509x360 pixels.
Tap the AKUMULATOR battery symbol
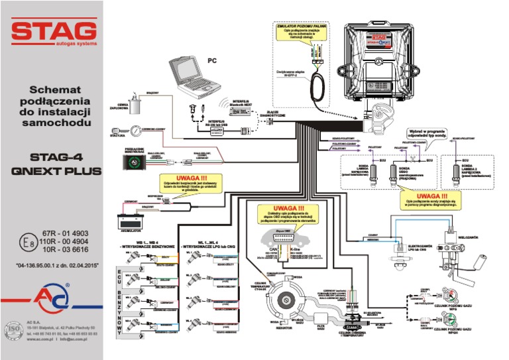coord(131,219)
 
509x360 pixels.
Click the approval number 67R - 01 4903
coord(64,234)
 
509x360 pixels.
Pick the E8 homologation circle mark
coord(27,242)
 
